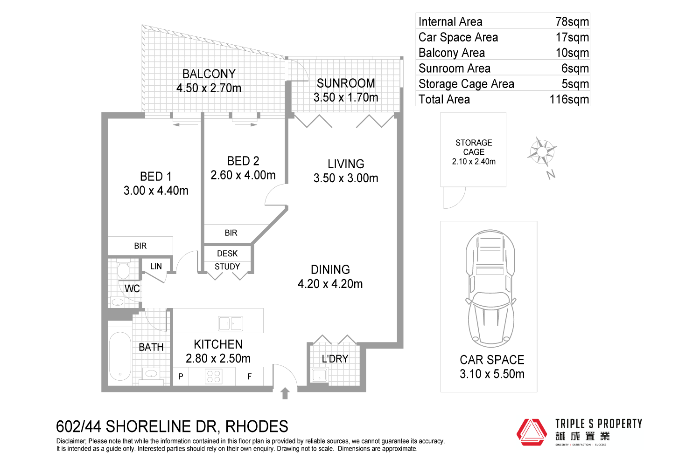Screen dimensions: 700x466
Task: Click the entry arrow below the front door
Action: (285, 393)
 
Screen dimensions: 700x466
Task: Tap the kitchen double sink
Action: (231, 323)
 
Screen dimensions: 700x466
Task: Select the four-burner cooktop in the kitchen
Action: (213, 377)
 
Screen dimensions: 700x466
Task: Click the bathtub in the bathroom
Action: (120, 356)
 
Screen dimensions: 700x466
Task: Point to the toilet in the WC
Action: (123, 269)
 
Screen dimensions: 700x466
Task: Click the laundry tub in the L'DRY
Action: (319, 375)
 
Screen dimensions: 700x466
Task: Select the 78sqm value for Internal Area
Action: (572, 21)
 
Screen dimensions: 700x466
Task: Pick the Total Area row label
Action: (444, 99)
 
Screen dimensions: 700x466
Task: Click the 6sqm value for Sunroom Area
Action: (575, 69)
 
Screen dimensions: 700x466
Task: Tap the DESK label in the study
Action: (227, 254)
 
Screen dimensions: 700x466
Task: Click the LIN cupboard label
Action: (156, 266)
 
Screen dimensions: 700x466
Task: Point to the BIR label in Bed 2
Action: (231, 233)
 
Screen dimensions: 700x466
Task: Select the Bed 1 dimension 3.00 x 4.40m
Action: (156, 191)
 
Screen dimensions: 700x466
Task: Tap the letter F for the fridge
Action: (249, 377)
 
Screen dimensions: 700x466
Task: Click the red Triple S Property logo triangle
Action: (532, 432)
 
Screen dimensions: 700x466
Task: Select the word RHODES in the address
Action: (257, 427)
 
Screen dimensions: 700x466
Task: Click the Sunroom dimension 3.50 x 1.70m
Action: (346, 97)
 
